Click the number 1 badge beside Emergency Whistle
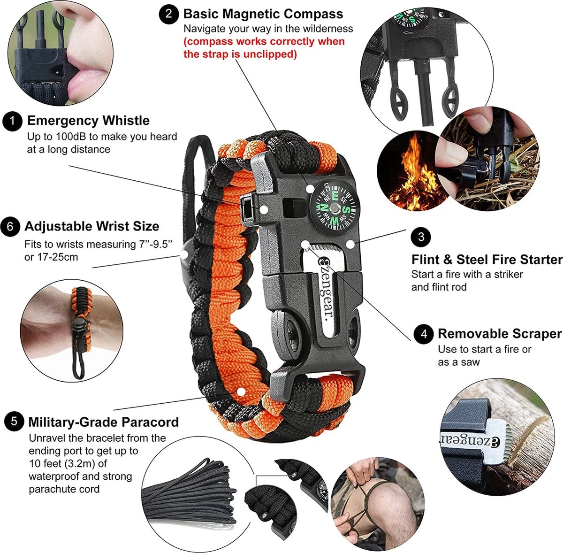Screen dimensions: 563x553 [12, 121]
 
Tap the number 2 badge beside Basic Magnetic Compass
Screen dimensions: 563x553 [169, 14]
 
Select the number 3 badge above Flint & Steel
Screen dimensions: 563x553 [421, 237]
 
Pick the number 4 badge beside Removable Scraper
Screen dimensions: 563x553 [424, 333]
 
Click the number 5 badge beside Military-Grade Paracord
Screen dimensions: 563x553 [14, 422]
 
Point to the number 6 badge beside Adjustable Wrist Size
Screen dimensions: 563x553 [10, 226]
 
